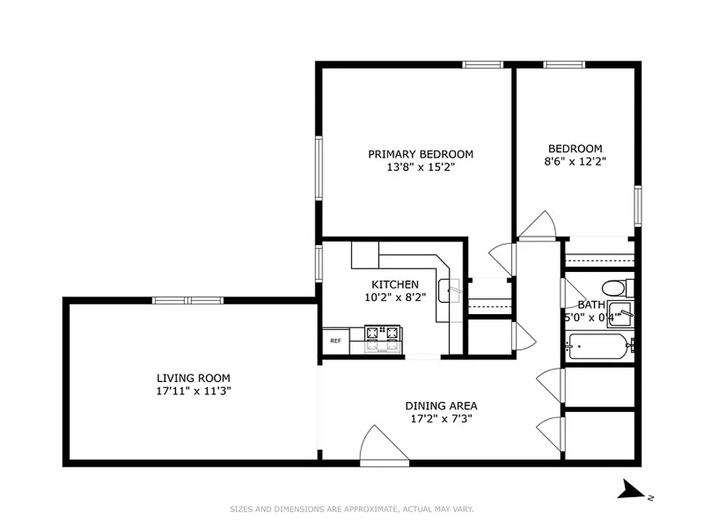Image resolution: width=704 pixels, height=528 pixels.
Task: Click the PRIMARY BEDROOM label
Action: pyautogui.click(x=420, y=154)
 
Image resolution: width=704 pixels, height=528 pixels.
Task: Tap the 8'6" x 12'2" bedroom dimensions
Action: pyautogui.click(x=575, y=161)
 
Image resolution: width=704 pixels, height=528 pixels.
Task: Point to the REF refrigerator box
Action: pyautogui.click(x=336, y=341)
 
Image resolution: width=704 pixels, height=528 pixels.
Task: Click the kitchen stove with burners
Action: pyautogui.click(x=383, y=337)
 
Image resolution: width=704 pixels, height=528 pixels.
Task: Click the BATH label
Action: pyautogui.click(x=591, y=305)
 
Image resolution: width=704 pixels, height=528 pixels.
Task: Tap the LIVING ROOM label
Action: pyautogui.click(x=193, y=378)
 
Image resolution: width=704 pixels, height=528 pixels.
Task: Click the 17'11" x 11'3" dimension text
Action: pyautogui.click(x=193, y=391)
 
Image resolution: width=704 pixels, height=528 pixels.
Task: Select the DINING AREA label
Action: pyautogui.click(x=441, y=406)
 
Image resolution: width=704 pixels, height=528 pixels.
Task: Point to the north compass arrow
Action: pyautogui.click(x=634, y=490)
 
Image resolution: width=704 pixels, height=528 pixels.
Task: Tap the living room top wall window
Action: pyautogui.click(x=188, y=300)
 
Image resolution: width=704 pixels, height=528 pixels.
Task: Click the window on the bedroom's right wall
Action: pyautogui.click(x=638, y=205)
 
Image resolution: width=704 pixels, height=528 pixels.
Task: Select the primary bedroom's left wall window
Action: pyautogui.click(x=319, y=168)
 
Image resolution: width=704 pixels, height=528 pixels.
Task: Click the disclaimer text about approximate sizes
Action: pyautogui.click(x=352, y=509)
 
